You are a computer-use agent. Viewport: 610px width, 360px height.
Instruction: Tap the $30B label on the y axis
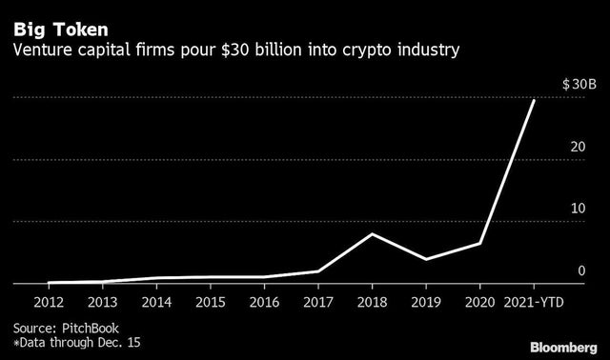pyautogui.click(x=578, y=86)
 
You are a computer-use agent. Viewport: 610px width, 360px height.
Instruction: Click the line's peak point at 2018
pyautogui.click(x=371, y=234)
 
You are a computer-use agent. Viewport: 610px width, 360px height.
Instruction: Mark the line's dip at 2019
pyautogui.click(x=425, y=259)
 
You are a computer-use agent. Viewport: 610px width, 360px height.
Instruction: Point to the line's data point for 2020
pyautogui.click(x=479, y=244)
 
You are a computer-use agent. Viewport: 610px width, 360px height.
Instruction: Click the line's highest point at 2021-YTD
pyautogui.click(x=533, y=100)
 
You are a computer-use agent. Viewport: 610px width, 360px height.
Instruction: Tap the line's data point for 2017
pyautogui.click(x=317, y=271)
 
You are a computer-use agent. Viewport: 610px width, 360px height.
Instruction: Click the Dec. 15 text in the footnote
pyautogui.click(x=123, y=340)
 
